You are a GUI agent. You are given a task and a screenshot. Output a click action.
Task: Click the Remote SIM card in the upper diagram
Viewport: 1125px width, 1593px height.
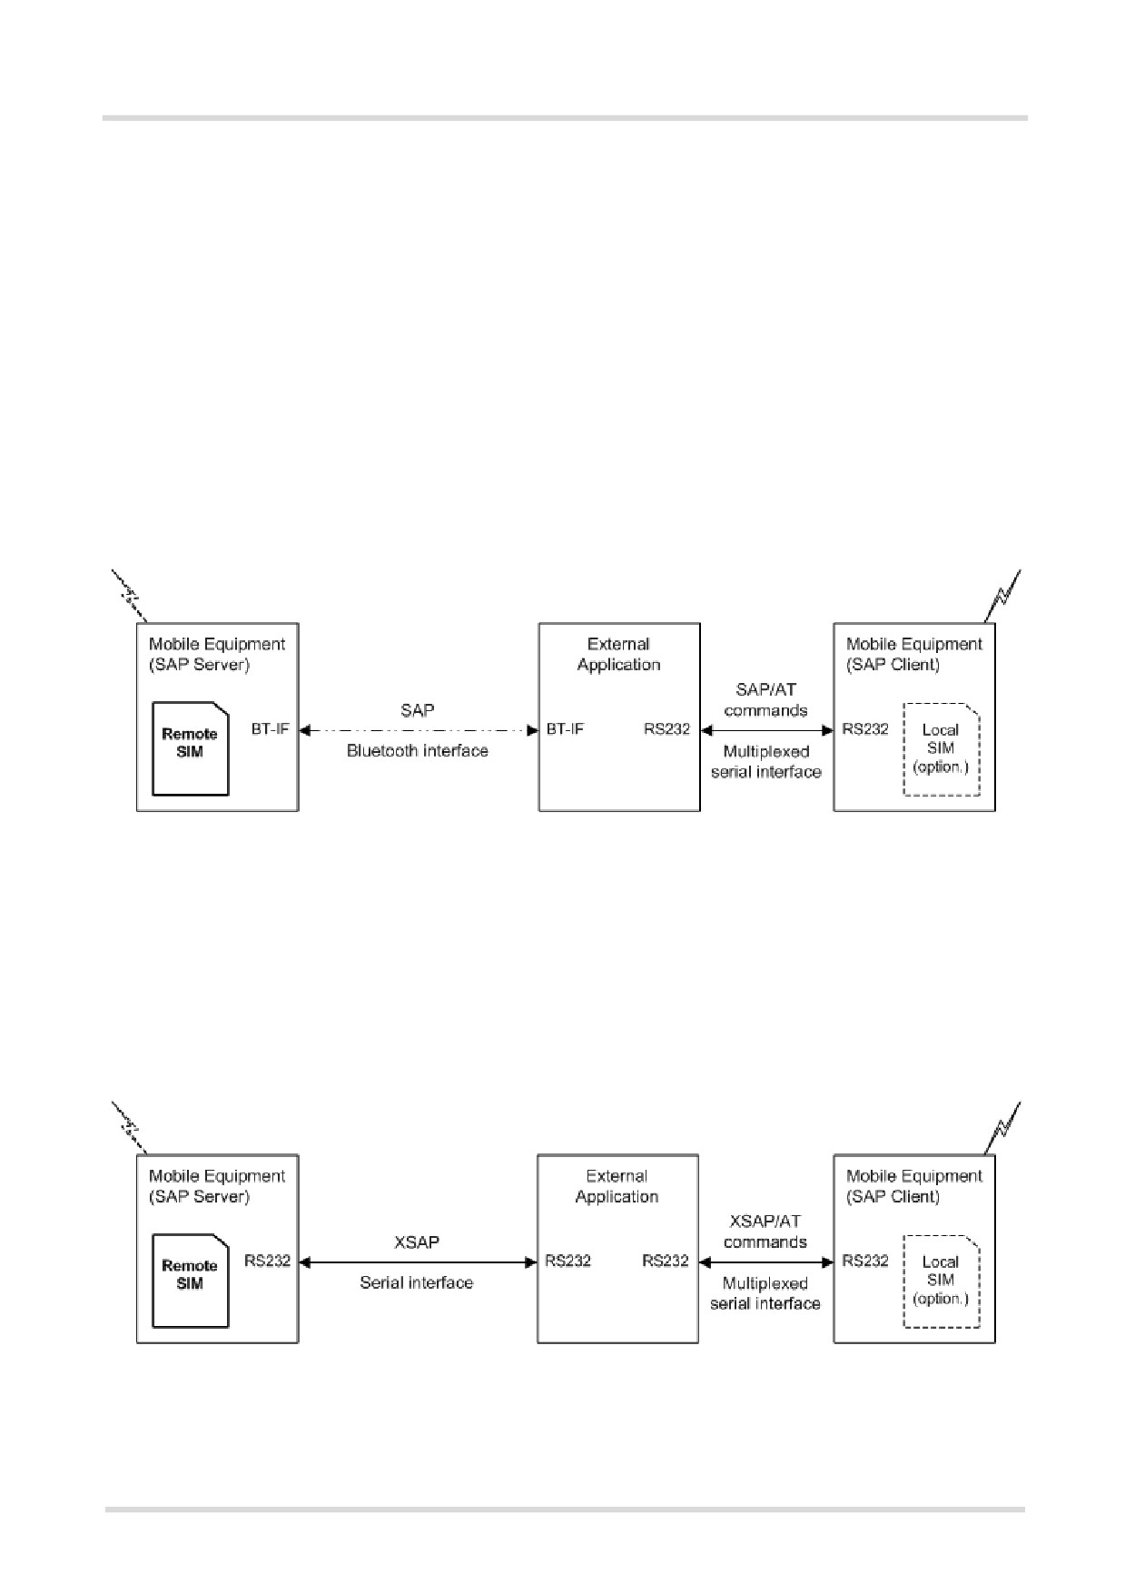click(x=190, y=748)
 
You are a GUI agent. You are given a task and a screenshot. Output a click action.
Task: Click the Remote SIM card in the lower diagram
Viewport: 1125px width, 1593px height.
click(x=190, y=1281)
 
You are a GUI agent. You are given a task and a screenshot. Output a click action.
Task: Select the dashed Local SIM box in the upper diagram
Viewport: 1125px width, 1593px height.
click(x=942, y=748)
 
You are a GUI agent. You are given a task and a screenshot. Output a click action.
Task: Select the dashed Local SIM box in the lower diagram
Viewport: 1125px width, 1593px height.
click(x=942, y=1281)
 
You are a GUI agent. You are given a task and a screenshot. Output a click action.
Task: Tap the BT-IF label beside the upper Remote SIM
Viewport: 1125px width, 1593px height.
click(x=271, y=728)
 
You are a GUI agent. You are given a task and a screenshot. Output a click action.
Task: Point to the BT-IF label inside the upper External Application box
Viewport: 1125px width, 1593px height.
click(x=565, y=728)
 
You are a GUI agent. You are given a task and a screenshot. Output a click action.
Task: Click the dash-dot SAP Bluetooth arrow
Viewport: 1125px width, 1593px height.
click(x=418, y=729)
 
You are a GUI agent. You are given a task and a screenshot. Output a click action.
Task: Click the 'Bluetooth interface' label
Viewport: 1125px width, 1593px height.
click(x=418, y=751)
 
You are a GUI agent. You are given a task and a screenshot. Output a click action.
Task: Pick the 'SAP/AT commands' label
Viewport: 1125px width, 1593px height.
click(x=765, y=700)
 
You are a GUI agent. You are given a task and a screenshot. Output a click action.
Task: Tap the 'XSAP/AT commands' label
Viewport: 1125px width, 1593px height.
click(x=765, y=1232)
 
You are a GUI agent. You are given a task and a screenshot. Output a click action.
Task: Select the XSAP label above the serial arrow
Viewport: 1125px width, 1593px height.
click(x=417, y=1242)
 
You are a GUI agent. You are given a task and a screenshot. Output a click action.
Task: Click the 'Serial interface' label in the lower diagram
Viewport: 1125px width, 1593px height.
click(x=417, y=1283)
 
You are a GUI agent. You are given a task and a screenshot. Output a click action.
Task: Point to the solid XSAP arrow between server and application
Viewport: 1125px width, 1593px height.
click(x=418, y=1262)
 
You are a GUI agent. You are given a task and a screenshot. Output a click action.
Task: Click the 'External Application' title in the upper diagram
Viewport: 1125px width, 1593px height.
click(x=619, y=654)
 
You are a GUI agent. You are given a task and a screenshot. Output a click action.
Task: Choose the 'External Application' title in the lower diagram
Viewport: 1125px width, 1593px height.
click(x=617, y=1186)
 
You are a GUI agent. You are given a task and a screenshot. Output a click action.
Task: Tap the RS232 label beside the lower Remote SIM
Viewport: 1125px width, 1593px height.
click(x=268, y=1261)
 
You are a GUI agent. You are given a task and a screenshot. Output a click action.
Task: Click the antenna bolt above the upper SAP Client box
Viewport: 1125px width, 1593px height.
click(x=1003, y=596)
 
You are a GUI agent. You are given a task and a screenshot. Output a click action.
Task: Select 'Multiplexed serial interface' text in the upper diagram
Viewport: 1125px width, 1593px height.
click(x=766, y=762)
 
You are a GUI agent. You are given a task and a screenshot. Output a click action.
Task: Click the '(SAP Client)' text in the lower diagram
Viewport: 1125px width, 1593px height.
click(x=893, y=1196)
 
